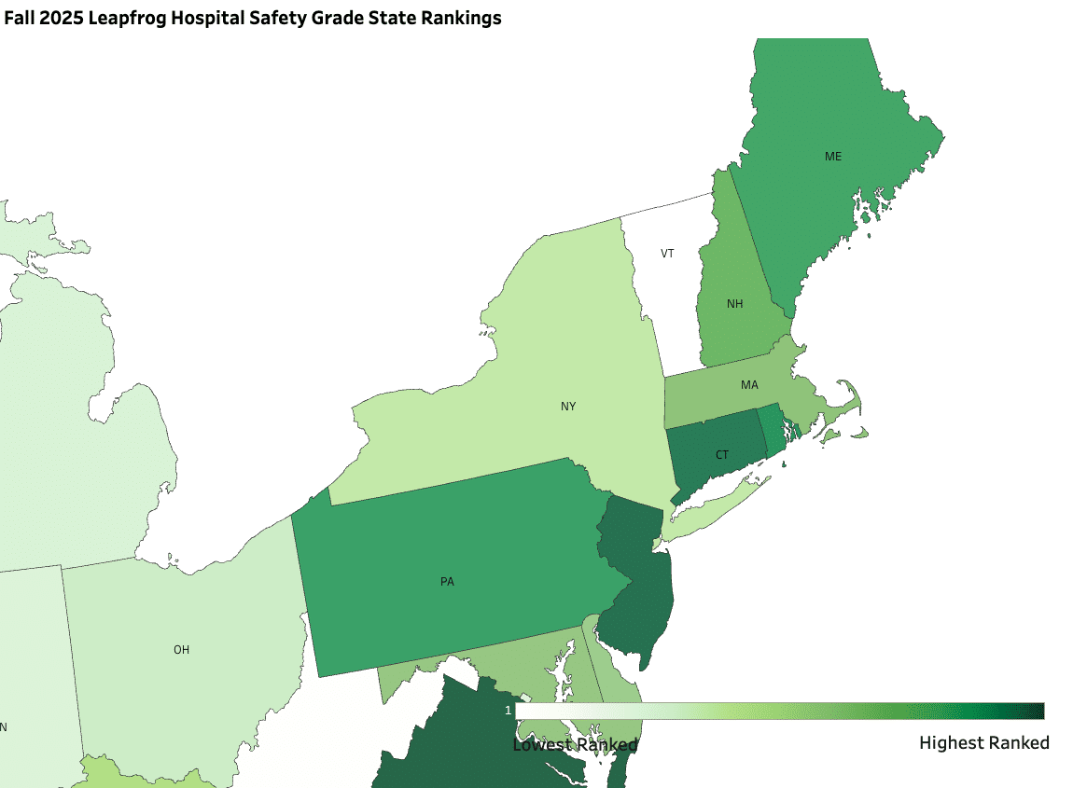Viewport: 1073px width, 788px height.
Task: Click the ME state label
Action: coord(832,156)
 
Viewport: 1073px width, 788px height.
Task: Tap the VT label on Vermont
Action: coord(667,254)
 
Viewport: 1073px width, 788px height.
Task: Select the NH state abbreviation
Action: coord(734,304)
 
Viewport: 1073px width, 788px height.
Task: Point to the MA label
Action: coord(749,384)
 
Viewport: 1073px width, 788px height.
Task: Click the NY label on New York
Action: coord(568,406)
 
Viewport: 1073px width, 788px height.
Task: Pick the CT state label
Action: coord(722,455)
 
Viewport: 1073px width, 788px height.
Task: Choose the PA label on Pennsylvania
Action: coord(447,582)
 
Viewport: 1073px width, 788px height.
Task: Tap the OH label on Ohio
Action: coord(181,650)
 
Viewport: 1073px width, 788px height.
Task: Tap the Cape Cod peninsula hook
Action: coord(851,396)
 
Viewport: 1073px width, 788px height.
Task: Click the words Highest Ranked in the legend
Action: coord(983,743)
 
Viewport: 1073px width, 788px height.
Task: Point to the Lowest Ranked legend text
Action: coord(575,744)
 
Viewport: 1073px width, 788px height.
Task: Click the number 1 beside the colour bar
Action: coord(508,711)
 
